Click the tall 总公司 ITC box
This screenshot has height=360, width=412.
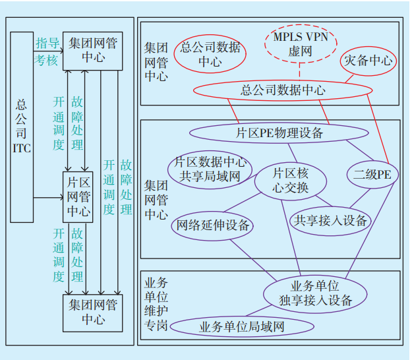point(22,125)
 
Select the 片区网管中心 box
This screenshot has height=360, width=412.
point(78,196)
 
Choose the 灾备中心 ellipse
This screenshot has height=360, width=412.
point(368,63)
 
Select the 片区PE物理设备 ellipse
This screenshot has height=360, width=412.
point(280,133)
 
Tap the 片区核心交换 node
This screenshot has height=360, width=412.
point(290,180)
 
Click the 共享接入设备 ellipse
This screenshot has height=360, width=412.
point(330,221)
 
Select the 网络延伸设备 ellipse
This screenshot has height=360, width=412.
point(212,226)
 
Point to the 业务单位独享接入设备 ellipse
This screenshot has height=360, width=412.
point(315,293)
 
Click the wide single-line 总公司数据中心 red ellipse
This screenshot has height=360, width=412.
point(283,90)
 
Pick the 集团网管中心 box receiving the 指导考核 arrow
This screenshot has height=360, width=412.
point(93,51)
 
